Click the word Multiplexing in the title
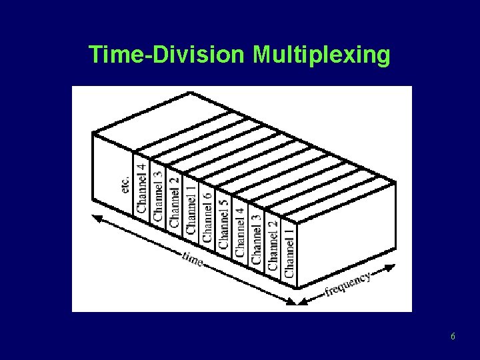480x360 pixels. click(x=321, y=55)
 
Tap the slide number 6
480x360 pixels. click(x=453, y=337)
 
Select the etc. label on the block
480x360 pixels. click(x=125, y=179)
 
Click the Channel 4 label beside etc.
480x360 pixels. click(x=141, y=185)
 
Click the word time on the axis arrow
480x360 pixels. click(x=193, y=258)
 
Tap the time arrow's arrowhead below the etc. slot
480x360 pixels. click(x=96, y=217)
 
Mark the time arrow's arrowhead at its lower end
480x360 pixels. click(x=291, y=302)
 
